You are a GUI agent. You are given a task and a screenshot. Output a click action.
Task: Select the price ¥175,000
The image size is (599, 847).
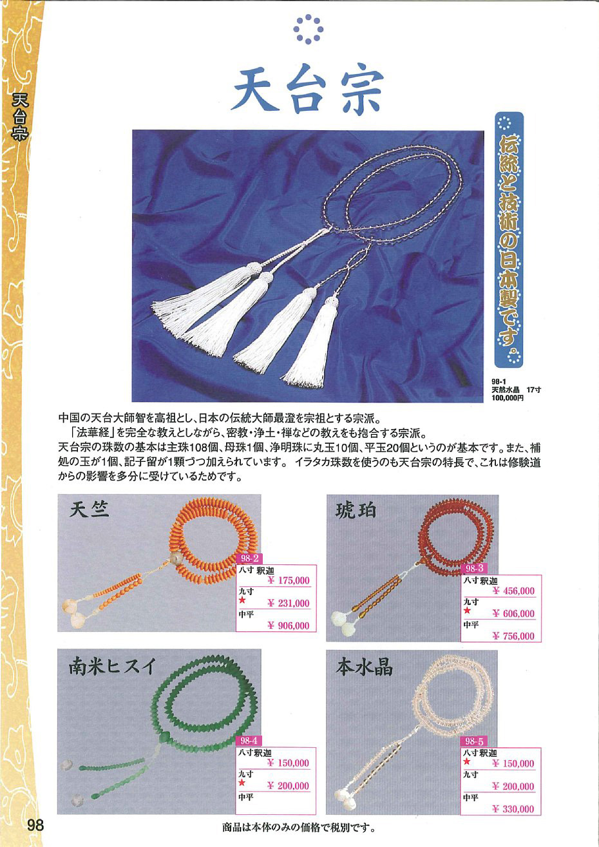289,580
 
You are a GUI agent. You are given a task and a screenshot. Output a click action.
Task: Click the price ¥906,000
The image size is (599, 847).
289,626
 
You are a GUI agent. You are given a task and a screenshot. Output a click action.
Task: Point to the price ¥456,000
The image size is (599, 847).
513,591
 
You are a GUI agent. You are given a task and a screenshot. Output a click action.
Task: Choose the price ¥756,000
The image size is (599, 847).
513,636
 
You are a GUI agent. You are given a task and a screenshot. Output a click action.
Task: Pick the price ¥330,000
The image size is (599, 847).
513,809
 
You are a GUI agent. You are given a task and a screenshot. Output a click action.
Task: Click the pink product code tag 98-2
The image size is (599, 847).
249,558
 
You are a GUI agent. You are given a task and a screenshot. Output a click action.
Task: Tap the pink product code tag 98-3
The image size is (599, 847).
475,569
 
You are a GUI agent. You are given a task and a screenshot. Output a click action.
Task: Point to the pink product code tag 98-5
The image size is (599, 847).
474,741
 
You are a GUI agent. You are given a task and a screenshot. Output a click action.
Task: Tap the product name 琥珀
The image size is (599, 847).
356,511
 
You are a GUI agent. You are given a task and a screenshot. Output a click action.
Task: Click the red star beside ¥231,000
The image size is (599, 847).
242,600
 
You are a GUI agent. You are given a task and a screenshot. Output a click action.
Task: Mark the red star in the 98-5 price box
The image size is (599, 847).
468,762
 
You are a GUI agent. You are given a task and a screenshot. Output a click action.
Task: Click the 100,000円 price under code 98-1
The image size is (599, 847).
508,398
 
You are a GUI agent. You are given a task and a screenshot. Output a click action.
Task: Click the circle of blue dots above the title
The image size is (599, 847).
309,29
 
